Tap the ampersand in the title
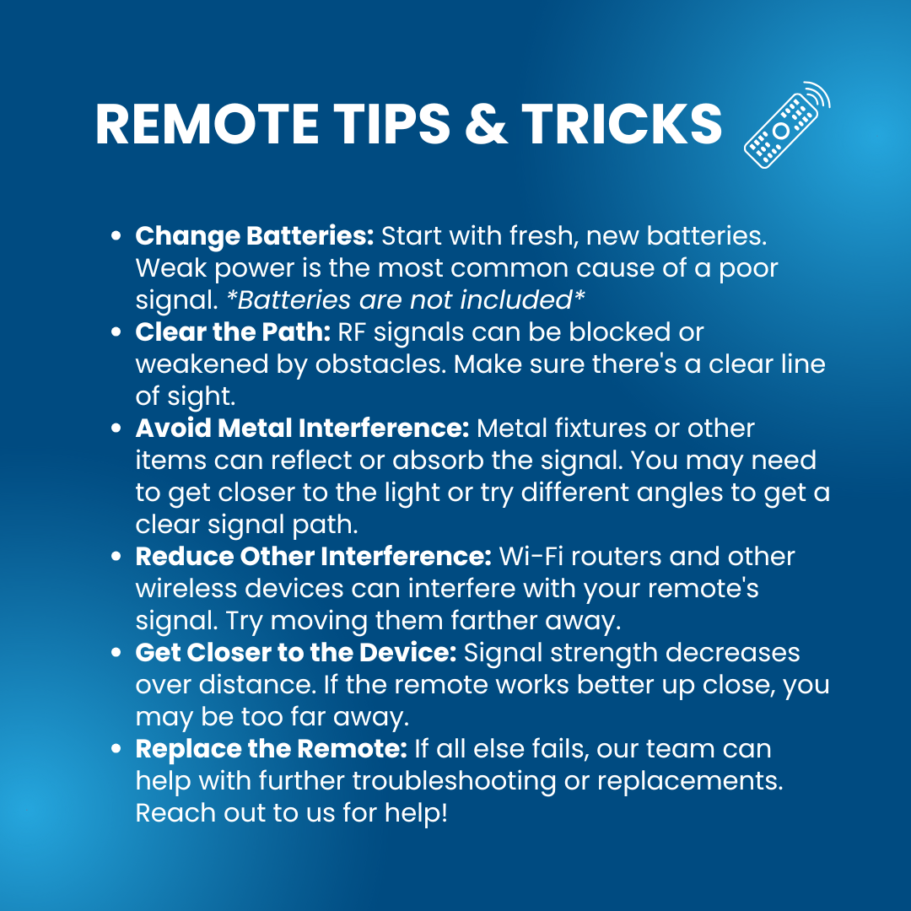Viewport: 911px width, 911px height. point(487,124)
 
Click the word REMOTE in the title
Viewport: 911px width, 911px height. point(207,124)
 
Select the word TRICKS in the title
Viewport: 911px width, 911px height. point(622,124)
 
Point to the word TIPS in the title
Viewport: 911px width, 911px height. point(392,124)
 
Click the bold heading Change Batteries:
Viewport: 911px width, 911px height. point(255,236)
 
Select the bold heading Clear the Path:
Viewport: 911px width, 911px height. point(233,332)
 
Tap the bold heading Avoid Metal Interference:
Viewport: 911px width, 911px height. point(302,429)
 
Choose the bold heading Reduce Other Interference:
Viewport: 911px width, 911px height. point(314,556)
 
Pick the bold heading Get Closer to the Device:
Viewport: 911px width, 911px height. point(296,652)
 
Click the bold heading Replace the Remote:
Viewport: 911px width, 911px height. point(272,748)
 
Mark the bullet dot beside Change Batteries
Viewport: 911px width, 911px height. point(116,236)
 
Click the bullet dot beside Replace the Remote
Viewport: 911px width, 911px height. point(116,748)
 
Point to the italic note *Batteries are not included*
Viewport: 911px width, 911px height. point(406,299)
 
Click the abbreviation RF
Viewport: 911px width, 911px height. point(352,332)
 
